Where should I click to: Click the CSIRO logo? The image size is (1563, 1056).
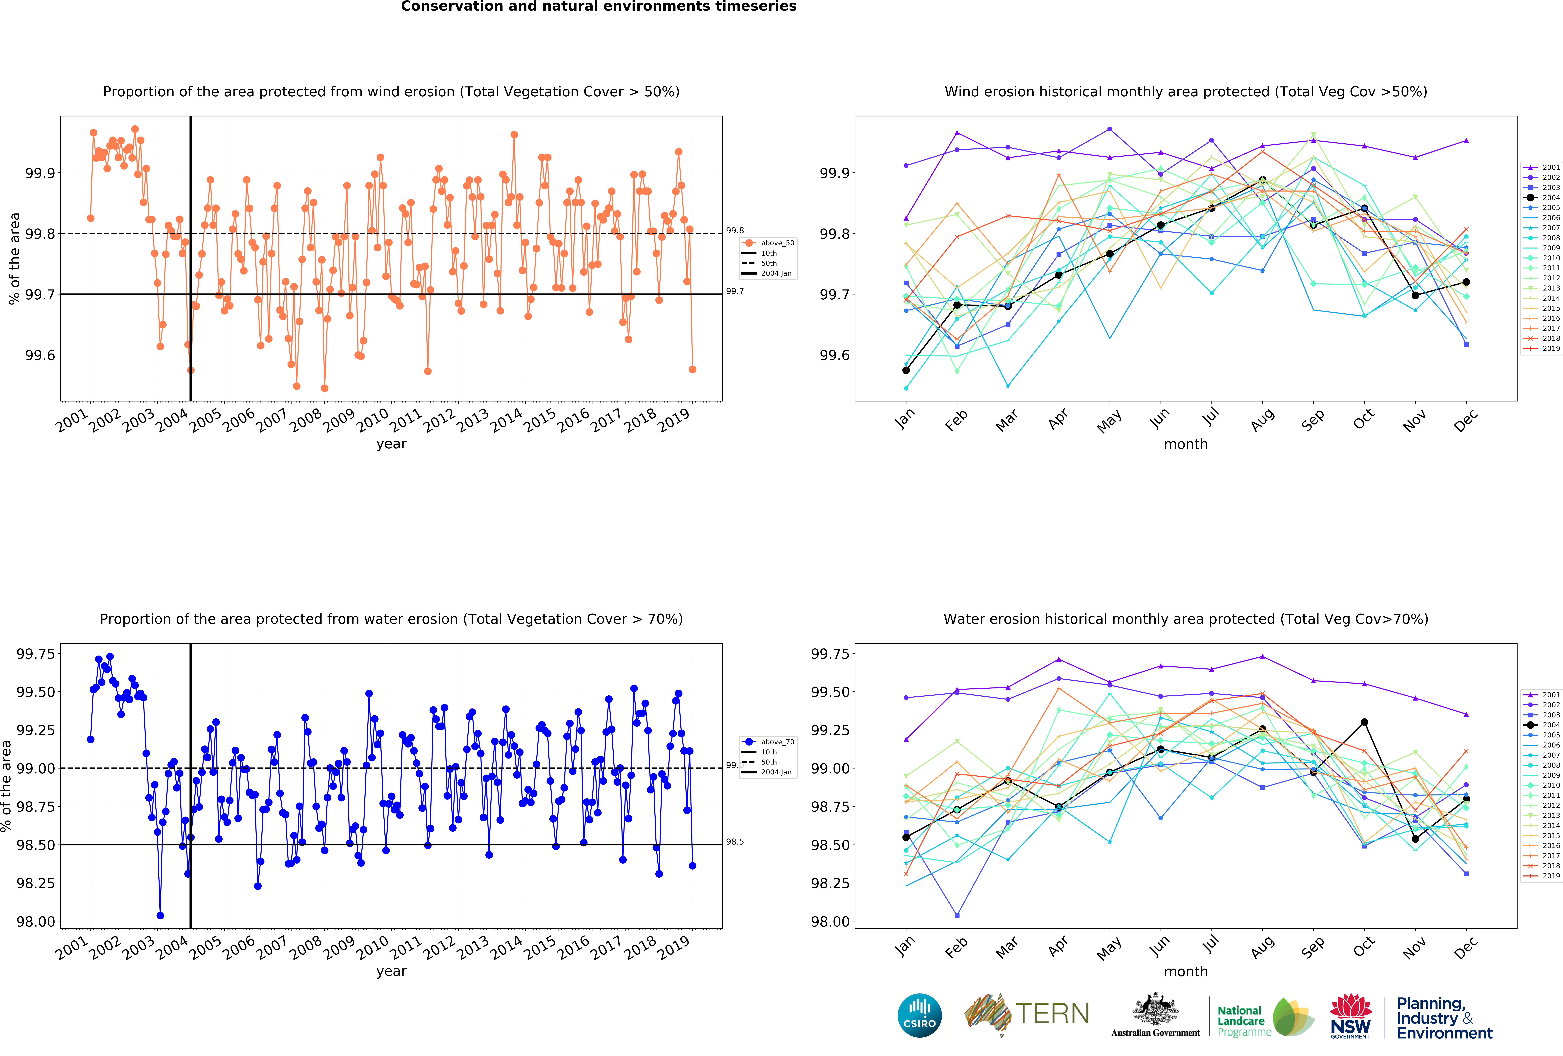coord(919,1015)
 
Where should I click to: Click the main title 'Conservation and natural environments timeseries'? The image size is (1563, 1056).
coord(599,7)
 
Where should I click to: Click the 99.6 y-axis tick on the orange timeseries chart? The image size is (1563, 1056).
coord(40,355)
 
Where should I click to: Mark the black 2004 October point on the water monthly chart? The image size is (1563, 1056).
coord(1365,722)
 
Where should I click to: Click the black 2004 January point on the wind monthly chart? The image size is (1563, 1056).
coord(906,370)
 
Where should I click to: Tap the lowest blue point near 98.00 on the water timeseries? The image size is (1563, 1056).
coord(160,915)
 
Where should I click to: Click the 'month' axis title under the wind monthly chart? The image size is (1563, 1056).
coord(1186,444)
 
